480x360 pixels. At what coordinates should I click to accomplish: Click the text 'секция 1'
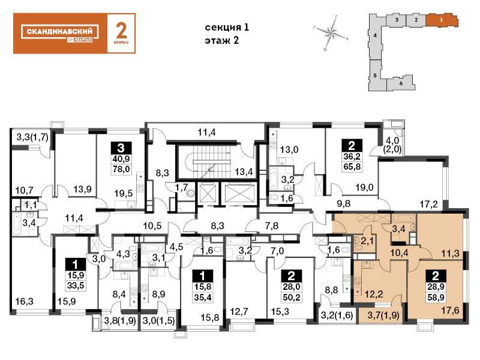(x=226, y=28)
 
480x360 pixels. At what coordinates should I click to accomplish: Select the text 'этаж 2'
(x=221, y=41)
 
